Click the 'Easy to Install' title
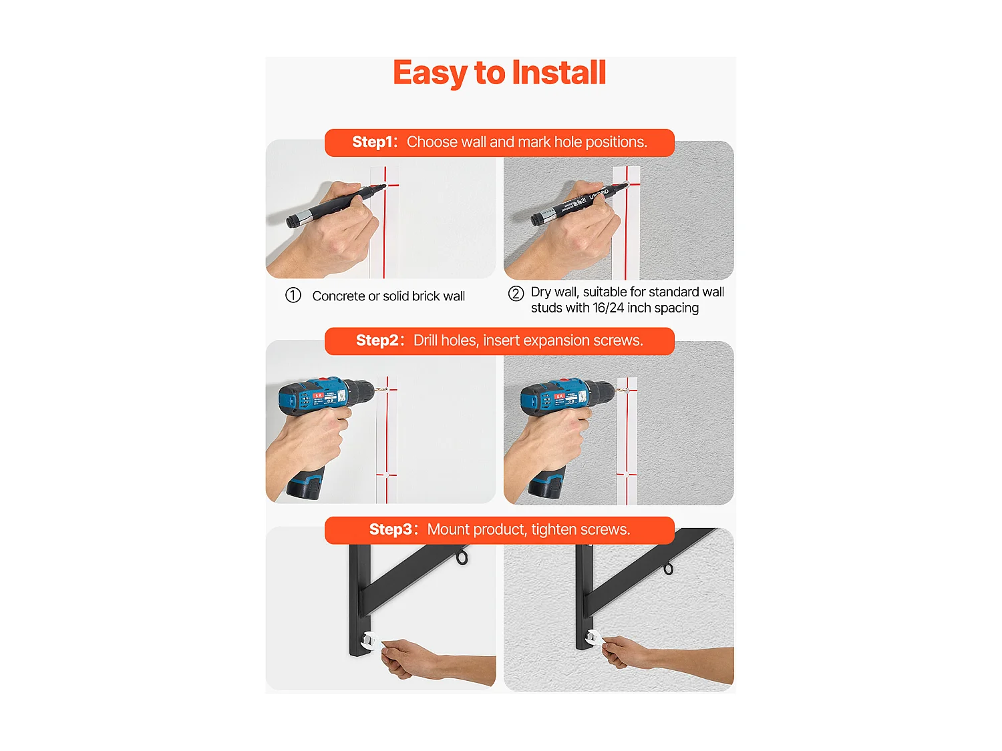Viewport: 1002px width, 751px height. tap(499, 73)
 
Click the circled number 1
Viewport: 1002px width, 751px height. tap(293, 295)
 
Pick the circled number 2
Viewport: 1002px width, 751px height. tap(516, 294)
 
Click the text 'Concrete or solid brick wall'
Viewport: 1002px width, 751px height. tap(388, 296)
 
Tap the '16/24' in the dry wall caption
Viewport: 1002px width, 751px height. tap(608, 308)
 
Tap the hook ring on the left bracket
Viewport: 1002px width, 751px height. tap(462, 557)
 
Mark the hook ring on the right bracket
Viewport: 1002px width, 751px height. tap(668, 568)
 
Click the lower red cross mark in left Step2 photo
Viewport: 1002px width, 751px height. tap(387, 475)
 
